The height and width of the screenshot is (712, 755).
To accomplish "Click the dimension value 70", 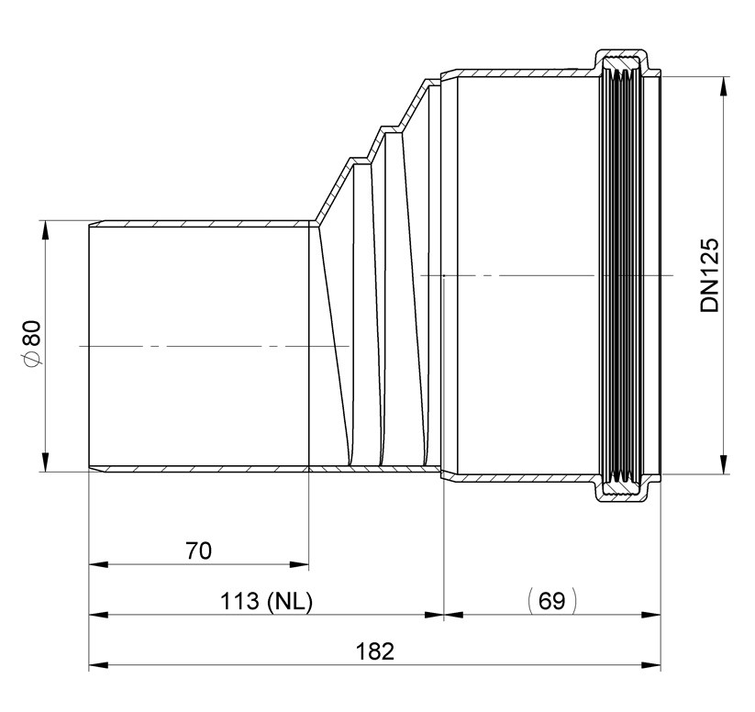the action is (198, 551).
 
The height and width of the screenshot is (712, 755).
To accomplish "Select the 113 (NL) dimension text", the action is (266, 601).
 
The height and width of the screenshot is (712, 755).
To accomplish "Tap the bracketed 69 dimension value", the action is (552, 601).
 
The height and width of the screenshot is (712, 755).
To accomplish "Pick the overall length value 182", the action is (374, 651).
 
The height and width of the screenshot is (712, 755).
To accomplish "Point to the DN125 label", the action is (710, 275).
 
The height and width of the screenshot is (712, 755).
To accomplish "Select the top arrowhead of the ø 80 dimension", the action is (45, 230).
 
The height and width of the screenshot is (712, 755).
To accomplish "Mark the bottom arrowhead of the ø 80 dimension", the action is (45, 462).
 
